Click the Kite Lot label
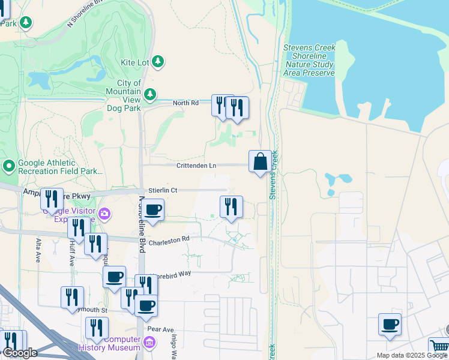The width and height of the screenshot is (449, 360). [136, 62]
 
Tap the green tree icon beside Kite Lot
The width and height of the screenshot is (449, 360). [158, 61]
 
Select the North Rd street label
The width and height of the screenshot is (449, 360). [185, 103]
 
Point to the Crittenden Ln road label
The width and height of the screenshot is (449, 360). [196, 166]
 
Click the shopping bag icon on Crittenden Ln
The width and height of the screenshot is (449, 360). [260, 161]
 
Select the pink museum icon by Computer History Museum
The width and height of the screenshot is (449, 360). [149, 343]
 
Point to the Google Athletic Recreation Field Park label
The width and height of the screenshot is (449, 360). [60, 167]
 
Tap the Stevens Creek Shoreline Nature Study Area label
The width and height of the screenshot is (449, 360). [309, 60]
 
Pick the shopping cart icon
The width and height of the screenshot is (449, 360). [439, 347]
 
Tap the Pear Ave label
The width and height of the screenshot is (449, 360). [160, 329]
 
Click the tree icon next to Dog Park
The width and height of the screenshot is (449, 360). [149, 94]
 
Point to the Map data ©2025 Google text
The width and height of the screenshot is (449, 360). [412, 355]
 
